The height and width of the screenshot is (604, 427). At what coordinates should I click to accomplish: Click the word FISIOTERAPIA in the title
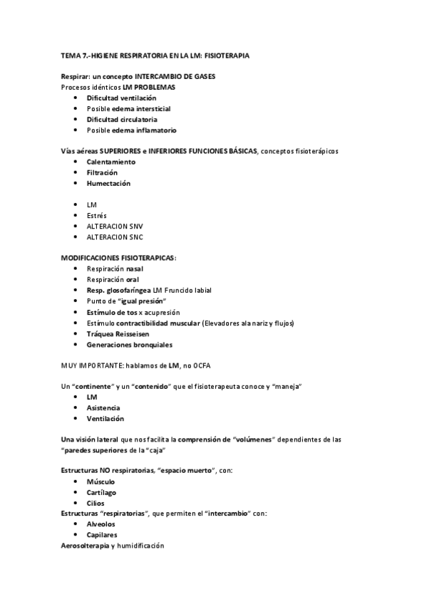227,54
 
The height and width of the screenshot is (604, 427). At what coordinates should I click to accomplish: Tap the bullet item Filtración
102,172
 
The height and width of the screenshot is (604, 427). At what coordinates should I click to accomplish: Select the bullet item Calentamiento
110,162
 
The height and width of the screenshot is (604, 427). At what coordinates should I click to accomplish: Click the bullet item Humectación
108,183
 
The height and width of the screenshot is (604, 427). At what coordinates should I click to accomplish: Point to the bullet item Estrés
96,215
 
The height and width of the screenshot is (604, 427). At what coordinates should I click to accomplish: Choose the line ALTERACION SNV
114,226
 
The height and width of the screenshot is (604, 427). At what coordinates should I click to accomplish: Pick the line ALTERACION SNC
114,236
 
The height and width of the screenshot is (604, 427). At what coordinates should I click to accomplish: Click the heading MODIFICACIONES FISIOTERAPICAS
118,258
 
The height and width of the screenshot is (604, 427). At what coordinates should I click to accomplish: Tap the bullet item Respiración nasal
114,269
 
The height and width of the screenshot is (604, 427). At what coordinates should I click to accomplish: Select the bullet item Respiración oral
112,279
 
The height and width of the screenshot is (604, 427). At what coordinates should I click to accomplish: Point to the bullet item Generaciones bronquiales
129,344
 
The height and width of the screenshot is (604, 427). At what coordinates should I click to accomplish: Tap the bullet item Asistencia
103,408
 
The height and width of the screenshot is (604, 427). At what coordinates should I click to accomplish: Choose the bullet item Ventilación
105,419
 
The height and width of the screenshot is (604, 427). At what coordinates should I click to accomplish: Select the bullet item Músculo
101,481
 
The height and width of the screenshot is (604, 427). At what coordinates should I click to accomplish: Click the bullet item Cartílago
103,492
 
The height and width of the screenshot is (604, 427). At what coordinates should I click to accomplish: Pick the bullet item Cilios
96,503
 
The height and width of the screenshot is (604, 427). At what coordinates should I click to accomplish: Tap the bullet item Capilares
102,535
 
